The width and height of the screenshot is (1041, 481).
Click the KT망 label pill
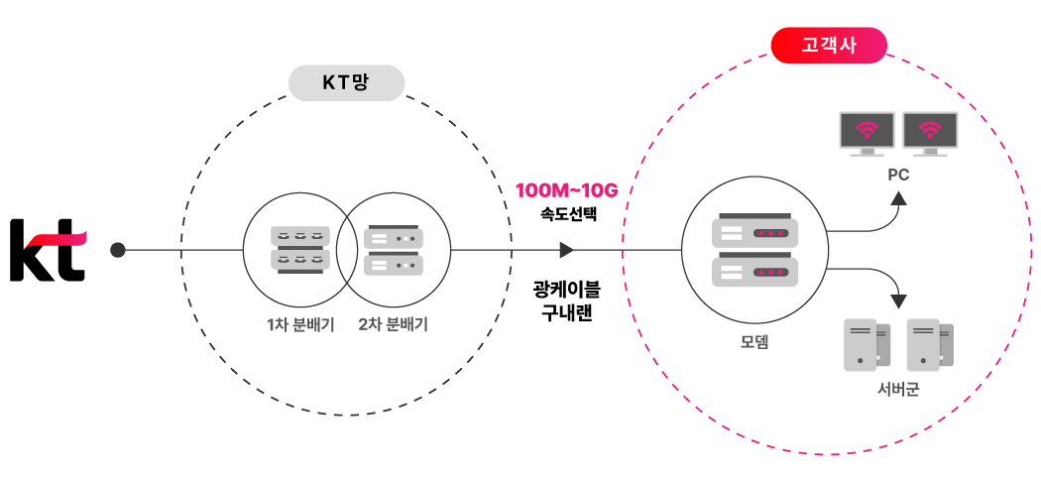(x=346, y=83)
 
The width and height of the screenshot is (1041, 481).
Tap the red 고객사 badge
(x=829, y=46)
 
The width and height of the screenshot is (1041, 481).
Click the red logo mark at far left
(x=57, y=239)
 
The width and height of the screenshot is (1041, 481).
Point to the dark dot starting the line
(x=118, y=250)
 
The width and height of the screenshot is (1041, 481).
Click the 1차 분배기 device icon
(x=299, y=248)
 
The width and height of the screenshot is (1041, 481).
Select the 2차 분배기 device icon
(x=394, y=251)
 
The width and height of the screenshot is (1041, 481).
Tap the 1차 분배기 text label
(x=300, y=324)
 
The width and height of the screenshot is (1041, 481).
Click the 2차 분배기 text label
(x=393, y=324)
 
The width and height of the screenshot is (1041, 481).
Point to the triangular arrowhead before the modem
(x=566, y=250)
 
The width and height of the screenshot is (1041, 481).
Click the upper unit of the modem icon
(x=754, y=231)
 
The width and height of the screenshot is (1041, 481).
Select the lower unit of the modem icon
(x=754, y=271)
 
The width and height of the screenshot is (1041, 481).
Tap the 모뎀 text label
(x=754, y=342)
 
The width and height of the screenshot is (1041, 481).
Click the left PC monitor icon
(x=867, y=133)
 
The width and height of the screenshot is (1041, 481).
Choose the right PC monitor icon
(x=930, y=133)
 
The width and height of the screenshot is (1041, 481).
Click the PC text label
(x=898, y=175)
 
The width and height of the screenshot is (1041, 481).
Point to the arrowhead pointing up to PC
(x=898, y=199)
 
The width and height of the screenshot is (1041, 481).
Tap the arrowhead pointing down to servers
(x=898, y=301)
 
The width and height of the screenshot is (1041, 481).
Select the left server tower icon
(x=866, y=344)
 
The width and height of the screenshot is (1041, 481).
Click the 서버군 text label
(x=898, y=389)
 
